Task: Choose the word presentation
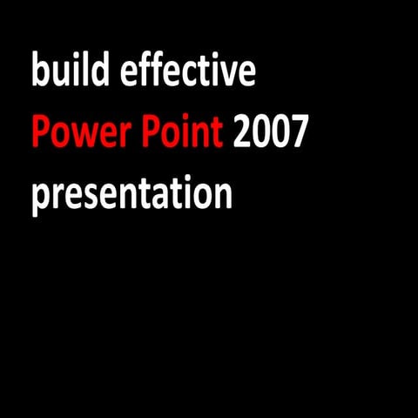coord(131,195)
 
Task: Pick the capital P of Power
coord(40,132)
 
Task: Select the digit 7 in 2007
coord(300,132)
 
